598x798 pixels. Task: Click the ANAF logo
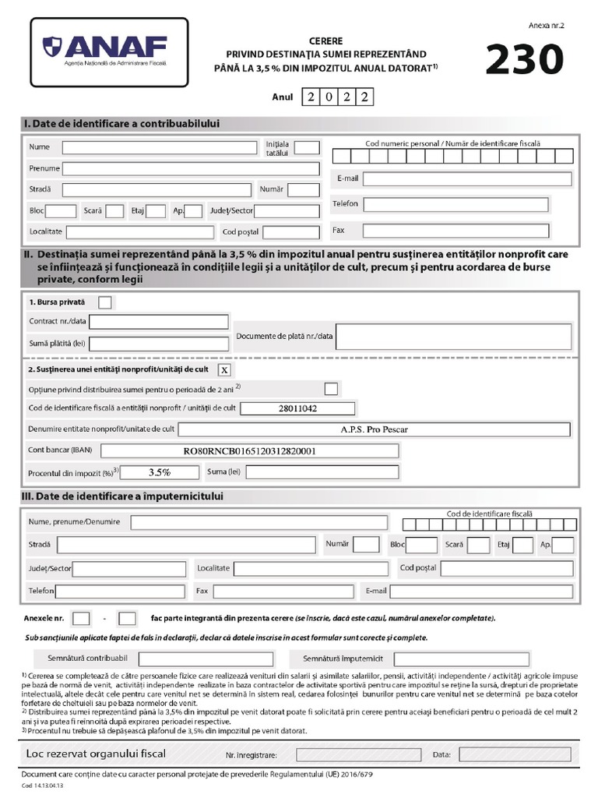[109, 51]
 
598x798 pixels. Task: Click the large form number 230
[524, 60]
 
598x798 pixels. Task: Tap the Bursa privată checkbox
[105, 302]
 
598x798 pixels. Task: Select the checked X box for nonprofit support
[224, 369]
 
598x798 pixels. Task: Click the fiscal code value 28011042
[297, 408]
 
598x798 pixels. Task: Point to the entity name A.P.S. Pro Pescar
[374, 429]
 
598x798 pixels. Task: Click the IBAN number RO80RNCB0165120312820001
[250, 450]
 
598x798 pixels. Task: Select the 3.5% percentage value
[160, 472]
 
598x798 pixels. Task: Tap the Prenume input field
[191, 169]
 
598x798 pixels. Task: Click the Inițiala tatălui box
[307, 148]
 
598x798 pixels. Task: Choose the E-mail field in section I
[457, 178]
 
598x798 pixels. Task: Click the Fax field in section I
[456, 231]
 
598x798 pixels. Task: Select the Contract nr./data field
[160, 322]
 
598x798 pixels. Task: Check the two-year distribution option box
[331, 389]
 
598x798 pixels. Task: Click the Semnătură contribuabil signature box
[206, 659]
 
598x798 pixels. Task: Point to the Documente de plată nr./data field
[453, 337]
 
